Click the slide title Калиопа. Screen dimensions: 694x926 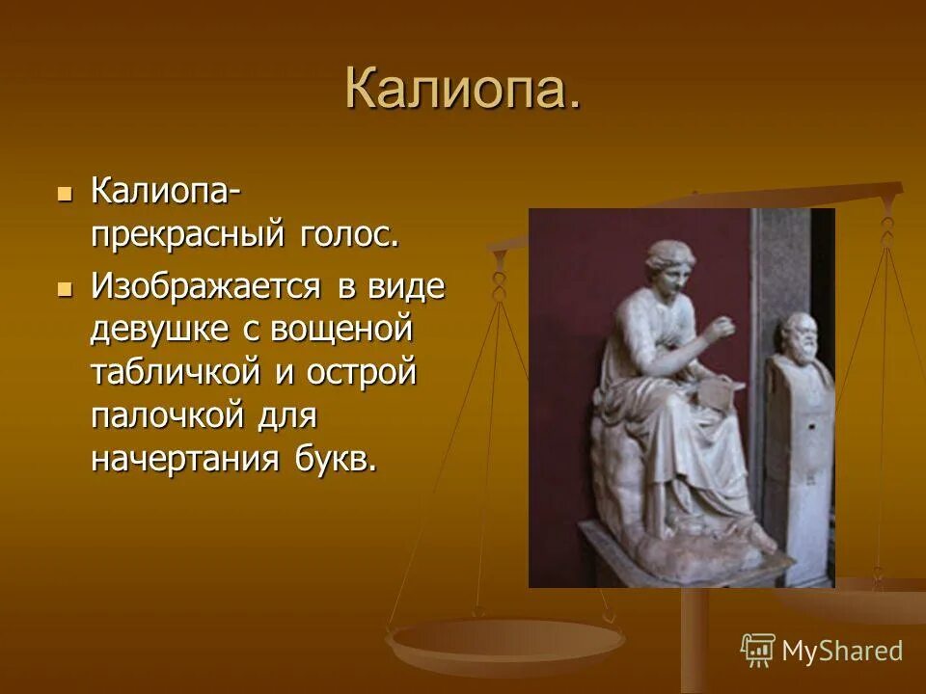point(463,90)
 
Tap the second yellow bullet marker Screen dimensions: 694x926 point(65,288)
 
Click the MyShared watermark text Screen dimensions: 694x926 point(841,651)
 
